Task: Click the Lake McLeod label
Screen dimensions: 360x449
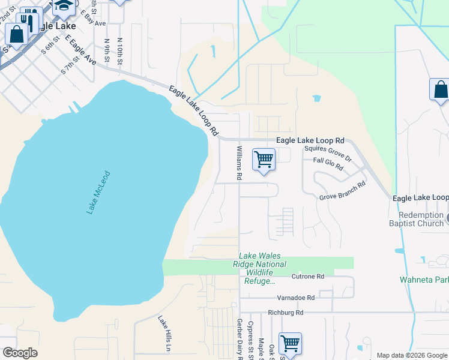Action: pos(98,191)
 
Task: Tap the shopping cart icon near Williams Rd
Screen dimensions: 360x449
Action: pos(264,160)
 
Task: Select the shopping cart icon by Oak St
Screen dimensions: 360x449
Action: pos(290,344)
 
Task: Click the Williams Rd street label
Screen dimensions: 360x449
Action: pos(239,163)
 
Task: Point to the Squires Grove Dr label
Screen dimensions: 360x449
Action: pos(328,154)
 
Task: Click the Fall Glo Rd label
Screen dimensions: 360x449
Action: pos(328,164)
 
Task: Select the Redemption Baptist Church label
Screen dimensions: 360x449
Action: pos(424,219)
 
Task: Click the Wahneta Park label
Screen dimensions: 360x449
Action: pos(424,280)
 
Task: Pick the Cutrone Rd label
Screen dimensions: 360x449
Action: pos(307,277)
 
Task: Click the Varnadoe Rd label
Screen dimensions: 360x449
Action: pos(295,298)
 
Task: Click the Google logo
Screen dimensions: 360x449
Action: pos(20,353)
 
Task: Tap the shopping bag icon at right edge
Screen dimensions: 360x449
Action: pos(440,90)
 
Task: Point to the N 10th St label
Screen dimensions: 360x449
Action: pos(120,52)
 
